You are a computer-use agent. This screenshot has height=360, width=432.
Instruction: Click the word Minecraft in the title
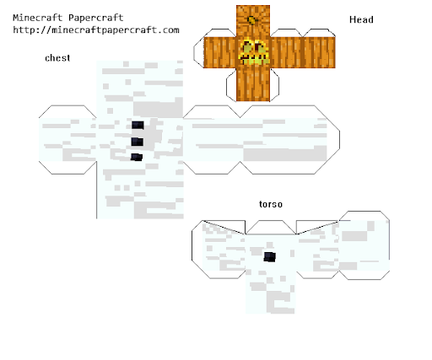click(x=37, y=18)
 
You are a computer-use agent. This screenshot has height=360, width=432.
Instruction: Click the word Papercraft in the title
click(x=96, y=18)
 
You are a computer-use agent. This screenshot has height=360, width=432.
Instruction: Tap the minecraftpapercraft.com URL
click(x=96, y=30)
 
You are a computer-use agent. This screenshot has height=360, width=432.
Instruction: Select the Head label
click(x=361, y=19)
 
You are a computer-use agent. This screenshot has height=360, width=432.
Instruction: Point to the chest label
click(x=57, y=58)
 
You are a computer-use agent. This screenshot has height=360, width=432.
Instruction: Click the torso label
click(x=271, y=204)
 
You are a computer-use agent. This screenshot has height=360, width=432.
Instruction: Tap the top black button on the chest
click(x=138, y=125)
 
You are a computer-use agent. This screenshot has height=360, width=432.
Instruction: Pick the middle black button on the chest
click(x=138, y=142)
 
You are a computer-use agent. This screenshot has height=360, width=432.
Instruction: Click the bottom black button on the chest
click(x=137, y=157)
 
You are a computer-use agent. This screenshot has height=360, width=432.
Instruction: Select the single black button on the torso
click(x=270, y=256)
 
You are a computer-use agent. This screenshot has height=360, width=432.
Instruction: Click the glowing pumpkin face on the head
click(x=254, y=52)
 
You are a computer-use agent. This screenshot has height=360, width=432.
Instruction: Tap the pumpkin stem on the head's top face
click(x=251, y=20)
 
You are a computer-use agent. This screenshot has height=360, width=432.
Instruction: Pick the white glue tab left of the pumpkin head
click(x=198, y=52)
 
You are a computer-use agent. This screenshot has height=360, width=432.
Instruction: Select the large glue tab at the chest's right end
click(x=333, y=140)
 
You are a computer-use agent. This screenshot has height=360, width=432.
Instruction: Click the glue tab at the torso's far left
click(x=197, y=250)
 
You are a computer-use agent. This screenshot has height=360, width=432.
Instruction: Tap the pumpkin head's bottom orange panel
click(x=253, y=84)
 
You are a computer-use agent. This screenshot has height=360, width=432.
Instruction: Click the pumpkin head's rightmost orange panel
click(x=319, y=52)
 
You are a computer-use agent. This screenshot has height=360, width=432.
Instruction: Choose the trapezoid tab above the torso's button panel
click(x=271, y=227)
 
